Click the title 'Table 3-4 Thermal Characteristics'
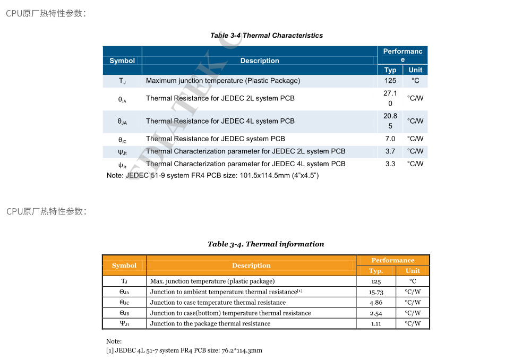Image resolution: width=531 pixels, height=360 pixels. (266, 36)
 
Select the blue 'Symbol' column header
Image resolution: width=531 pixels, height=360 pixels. (122, 61)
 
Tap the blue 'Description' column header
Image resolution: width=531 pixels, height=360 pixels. (260, 61)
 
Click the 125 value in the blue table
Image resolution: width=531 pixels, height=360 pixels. (390, 81)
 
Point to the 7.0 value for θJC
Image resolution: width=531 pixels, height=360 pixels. (390, 139)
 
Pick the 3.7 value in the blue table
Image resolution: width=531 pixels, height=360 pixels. (390, 151)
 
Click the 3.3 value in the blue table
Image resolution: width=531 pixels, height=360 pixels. (390, 164)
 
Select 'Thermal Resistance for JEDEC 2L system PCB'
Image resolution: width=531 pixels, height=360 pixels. (220, 98)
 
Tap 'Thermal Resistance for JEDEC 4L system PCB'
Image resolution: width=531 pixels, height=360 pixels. (220, 121)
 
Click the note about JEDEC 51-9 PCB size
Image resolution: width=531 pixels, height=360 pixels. (212, 175)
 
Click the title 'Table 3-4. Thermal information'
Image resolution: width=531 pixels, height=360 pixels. (265, 244)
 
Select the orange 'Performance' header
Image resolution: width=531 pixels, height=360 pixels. (393, 260)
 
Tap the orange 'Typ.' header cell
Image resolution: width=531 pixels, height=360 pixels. (376, 271)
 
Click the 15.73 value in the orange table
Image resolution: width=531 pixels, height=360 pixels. (376, 292)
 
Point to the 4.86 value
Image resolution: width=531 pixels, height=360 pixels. (376, 303)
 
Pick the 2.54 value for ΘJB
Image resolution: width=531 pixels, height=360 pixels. (376, 313)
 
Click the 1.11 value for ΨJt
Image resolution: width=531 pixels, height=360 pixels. (376, 323)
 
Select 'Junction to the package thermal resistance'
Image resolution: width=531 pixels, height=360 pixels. (210, 323)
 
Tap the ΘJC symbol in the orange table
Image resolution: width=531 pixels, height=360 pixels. (124, 303)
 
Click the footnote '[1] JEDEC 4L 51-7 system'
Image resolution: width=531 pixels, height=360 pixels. (184, 350)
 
